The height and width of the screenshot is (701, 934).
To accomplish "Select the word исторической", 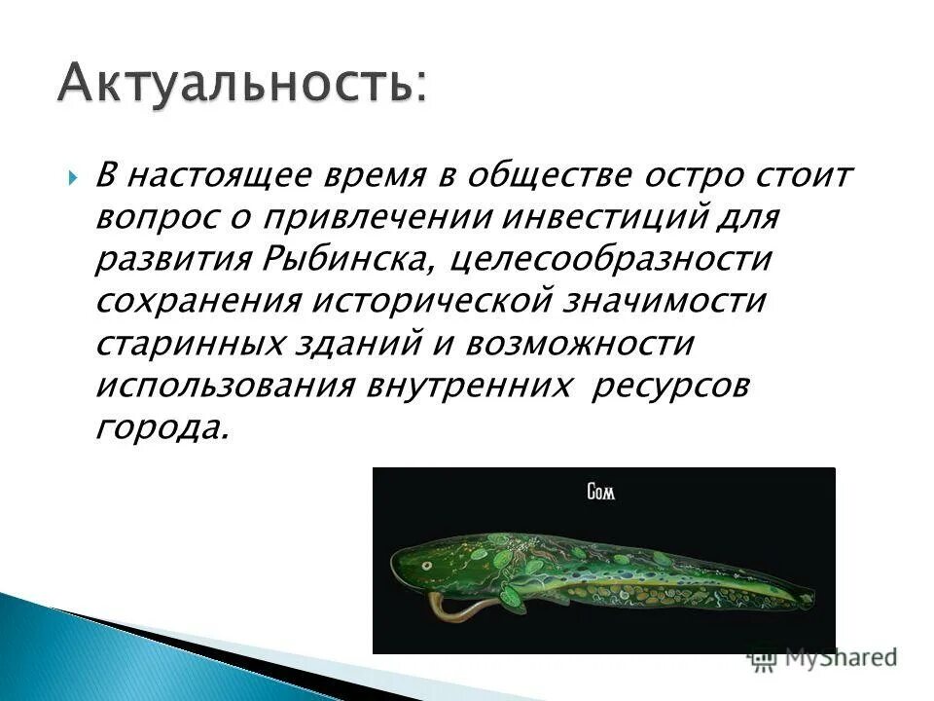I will [x=467, y=300].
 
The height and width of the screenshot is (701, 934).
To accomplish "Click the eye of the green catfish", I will [x=426, y=563].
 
